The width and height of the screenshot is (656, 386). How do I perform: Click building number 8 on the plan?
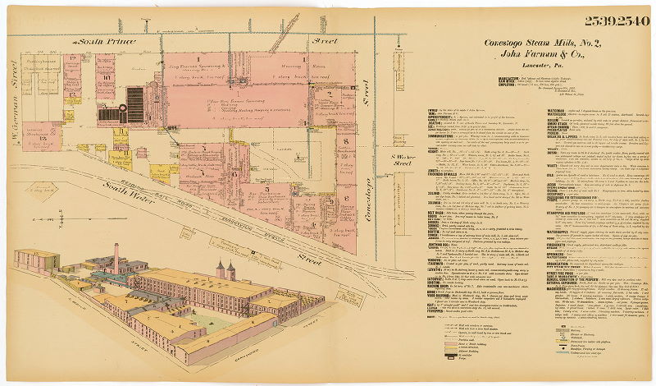pyautogui.click(x=345, y=140)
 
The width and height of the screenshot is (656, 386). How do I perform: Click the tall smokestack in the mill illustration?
pyautogui.click(x=116, y=257)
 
